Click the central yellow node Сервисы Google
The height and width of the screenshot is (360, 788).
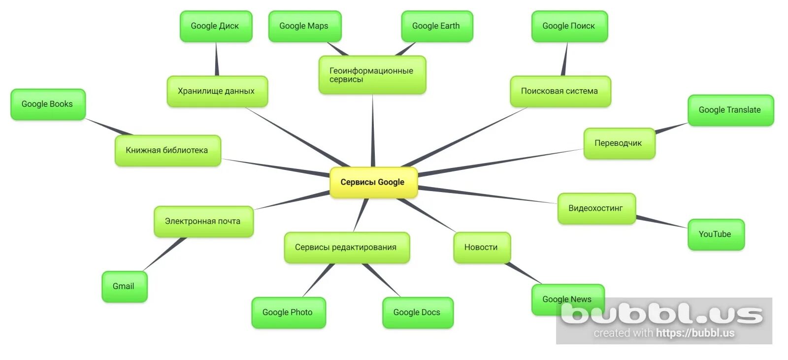click(x=373, y=182)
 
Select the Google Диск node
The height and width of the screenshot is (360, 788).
click(x=215, y=26)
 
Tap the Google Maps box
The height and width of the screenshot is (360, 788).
click(x=304, y=26)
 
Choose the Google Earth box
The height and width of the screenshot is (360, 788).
click(x=436, y=26)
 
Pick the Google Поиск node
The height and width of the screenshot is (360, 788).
click(x=569, y=26)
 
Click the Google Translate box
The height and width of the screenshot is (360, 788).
click(x=730, y=110)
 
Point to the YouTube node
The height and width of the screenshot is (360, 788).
click(x=715, y=234)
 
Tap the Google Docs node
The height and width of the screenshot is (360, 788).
click(x=417, y=312)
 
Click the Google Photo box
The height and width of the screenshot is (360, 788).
click(x=288, y=312)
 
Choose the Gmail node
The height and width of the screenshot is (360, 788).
click(x=124, y=286)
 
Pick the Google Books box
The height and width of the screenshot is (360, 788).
click(x=47, y=104)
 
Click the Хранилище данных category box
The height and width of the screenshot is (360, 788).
click(x=217, y=91)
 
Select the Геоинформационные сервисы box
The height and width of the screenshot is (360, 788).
click(x=372, y=75)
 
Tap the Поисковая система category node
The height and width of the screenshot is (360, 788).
click(x=560, y=91)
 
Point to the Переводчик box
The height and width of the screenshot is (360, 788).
click(x=619, y=143)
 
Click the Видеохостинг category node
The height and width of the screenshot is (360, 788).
click(x=596, y=208)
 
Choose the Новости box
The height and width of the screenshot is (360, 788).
click(x=481, y=247)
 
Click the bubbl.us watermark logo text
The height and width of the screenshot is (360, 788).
click(x=662, y=314)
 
